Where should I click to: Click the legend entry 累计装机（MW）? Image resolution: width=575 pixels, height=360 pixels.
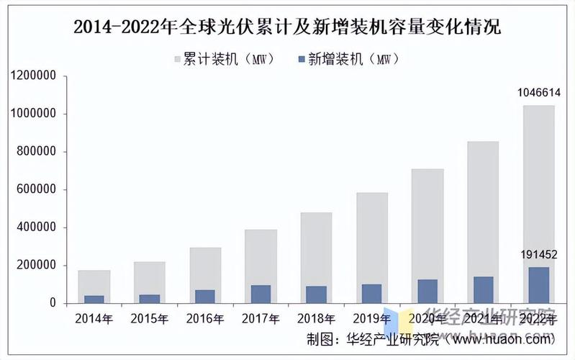coord(224,60)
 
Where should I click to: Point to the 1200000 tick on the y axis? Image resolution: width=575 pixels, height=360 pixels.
coord(35,76)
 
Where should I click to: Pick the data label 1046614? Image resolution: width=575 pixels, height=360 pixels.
coord(539,93)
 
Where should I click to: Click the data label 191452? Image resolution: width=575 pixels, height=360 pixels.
coord(539,255)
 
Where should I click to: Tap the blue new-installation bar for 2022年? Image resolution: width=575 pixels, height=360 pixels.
coord(538,285)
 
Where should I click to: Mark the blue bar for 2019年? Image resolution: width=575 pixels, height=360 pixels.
coord(372,294)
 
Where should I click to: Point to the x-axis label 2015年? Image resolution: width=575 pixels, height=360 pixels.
coord(150,317)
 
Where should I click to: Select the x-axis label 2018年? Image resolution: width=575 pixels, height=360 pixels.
coord(316,317)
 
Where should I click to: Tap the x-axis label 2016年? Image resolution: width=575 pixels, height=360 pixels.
coord(205,317)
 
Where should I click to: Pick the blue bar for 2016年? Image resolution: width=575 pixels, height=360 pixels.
coord(206,297)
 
